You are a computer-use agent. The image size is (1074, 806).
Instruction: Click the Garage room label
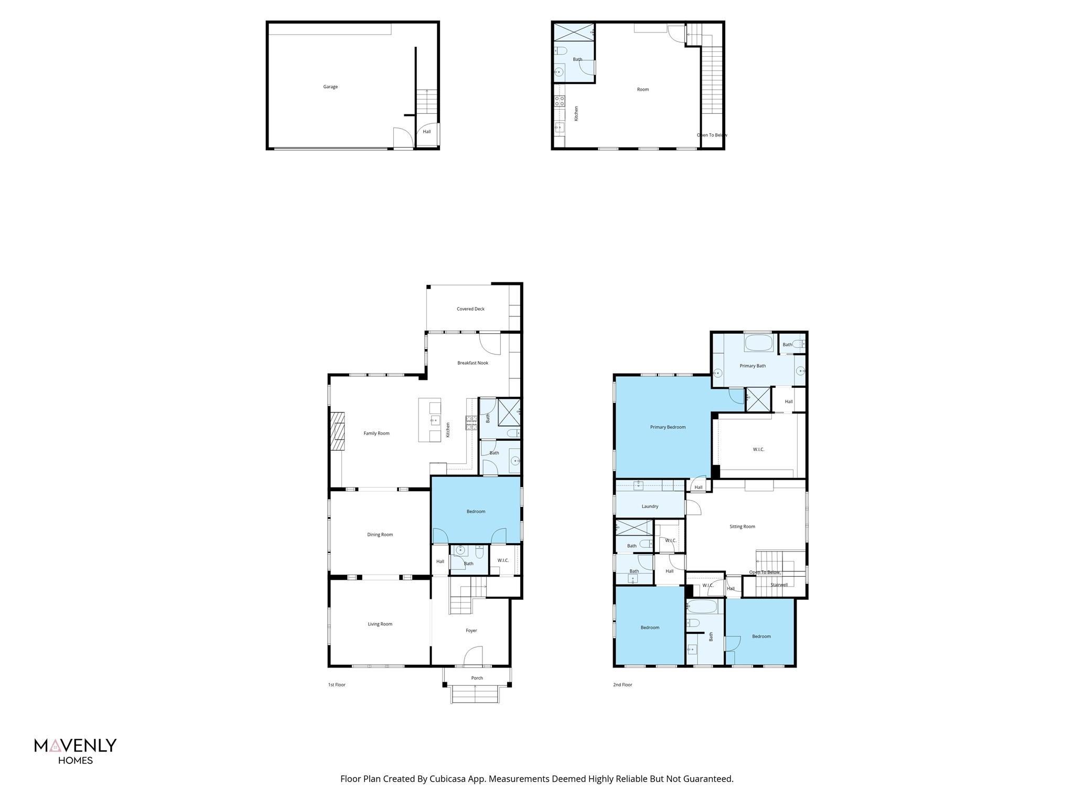330,87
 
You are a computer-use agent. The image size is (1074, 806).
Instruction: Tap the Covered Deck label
470,309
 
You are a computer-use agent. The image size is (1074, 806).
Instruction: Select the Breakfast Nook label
472,363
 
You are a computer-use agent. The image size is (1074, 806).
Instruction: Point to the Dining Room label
380,535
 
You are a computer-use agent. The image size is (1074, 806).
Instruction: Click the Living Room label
380,624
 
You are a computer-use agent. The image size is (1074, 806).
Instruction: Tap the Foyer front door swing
474,656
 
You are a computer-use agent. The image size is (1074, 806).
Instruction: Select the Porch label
477,678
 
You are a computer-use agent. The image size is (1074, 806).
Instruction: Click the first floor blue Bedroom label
476,512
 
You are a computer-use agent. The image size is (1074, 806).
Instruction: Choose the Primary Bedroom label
668,427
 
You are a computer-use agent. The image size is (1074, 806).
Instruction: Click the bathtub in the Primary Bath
758,344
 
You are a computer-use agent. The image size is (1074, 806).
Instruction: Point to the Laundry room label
650,506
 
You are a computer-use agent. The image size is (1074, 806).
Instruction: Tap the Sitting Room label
742,526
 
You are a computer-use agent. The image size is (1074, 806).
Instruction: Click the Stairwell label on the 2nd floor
779,585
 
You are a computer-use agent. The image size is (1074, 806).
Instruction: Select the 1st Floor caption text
337,685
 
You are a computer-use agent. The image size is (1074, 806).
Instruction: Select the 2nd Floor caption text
622,685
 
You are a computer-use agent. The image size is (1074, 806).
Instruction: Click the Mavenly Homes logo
76,751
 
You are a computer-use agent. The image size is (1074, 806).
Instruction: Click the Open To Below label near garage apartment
712,135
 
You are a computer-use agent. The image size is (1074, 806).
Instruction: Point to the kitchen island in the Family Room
429,420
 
